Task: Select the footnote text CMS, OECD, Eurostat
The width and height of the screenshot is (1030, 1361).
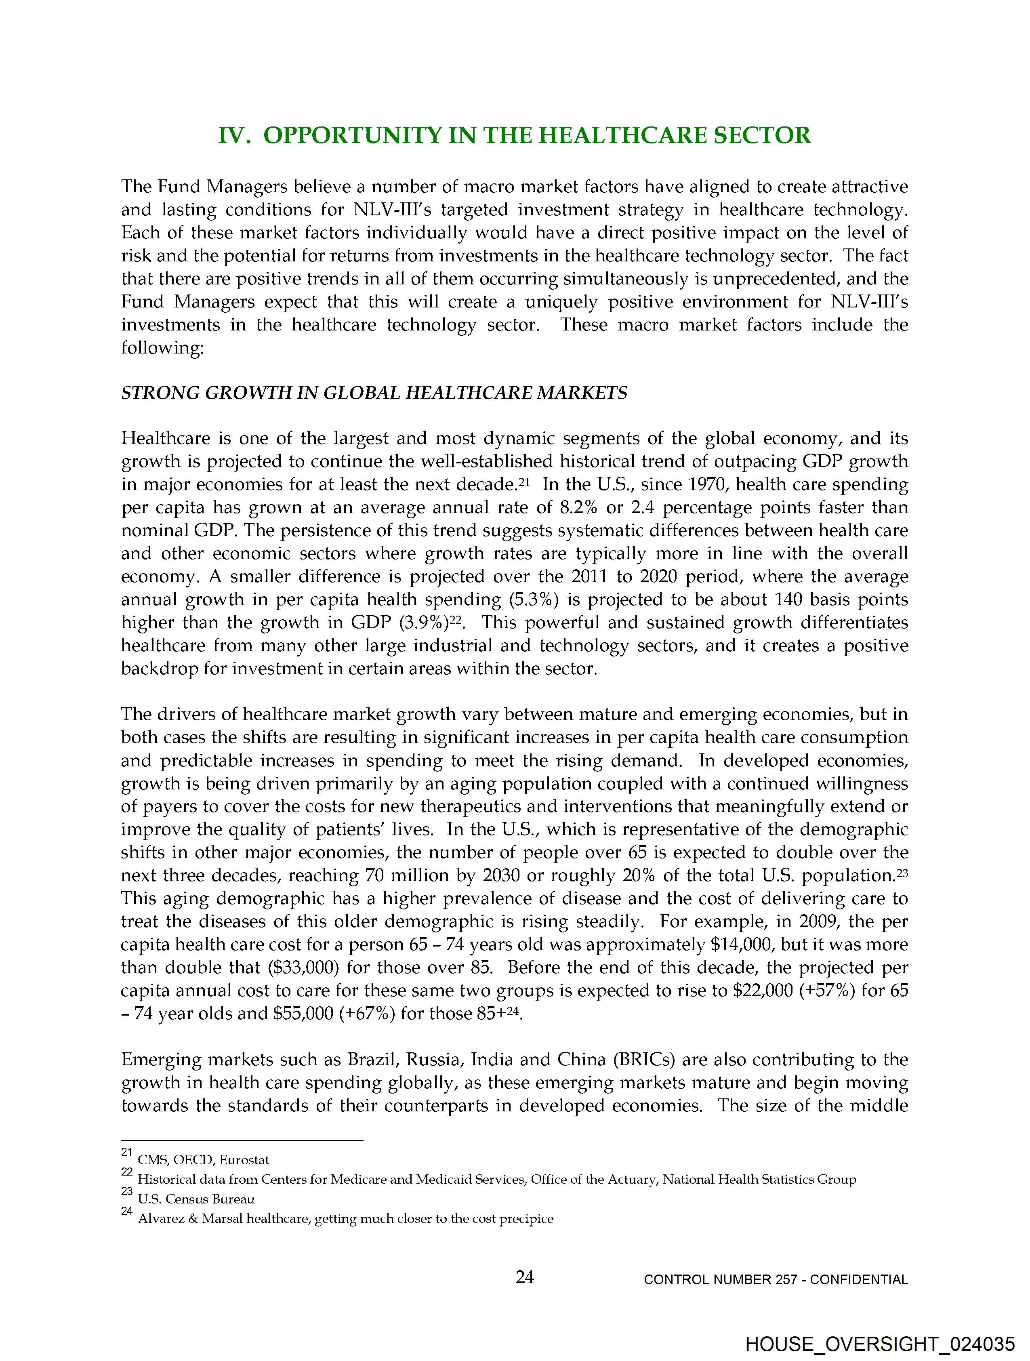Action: (204, 1160)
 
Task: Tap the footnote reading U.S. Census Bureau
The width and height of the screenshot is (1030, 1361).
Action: (195, 1199)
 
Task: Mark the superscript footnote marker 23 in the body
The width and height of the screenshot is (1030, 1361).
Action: (902, 872)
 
